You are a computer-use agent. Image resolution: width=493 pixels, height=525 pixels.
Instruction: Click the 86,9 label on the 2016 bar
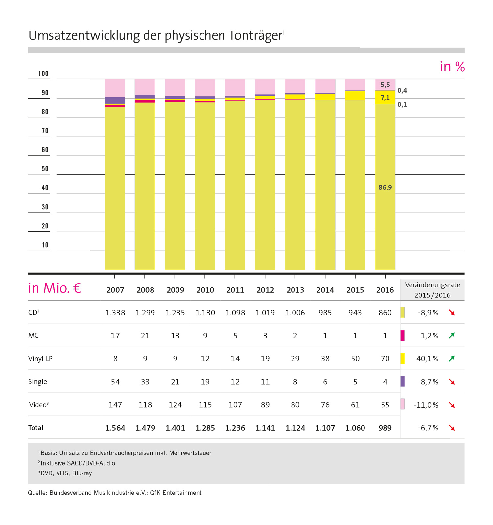(x=385, y=188)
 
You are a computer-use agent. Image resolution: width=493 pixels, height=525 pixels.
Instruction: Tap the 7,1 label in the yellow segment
(x=385, y=98)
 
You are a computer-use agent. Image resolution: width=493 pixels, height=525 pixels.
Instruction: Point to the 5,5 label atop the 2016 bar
(x=385, y=85)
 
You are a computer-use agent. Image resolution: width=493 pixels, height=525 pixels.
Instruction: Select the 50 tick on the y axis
(x=45, y=169)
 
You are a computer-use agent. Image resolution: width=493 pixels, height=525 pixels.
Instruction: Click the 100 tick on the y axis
(x=43, y=74)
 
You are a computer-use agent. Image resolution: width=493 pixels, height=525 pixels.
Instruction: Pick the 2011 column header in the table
(x=235, y=290)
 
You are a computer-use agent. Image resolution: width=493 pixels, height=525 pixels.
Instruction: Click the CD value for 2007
(x=115, y=313)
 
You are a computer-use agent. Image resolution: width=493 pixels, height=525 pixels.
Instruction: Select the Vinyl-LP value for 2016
(x=385, y=359)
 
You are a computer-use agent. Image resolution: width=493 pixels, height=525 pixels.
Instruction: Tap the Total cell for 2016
(x=385, y=428)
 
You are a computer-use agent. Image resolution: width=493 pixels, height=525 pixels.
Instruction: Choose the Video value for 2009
(x=175, y=405)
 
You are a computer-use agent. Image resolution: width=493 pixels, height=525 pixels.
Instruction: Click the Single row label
(x=37, y=382)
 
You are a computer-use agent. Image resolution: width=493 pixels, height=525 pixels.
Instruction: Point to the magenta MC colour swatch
(x=402, y=336)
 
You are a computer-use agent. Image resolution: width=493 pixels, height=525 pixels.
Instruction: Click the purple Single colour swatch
(x=402, y=381)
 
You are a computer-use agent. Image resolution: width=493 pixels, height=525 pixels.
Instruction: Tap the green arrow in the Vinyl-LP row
(x=452, y=359)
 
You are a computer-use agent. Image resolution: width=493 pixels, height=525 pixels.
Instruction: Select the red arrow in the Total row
(x=452, y=428)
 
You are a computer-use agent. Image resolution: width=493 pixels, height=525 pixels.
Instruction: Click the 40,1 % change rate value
(x=427, y=359)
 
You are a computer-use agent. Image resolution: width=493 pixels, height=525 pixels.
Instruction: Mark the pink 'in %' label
(x=452, y=67)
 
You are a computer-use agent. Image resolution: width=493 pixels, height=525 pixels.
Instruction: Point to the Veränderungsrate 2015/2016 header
(x=432, y=290)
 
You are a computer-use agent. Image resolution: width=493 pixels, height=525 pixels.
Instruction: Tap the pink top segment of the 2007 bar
(x=115, y=88)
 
